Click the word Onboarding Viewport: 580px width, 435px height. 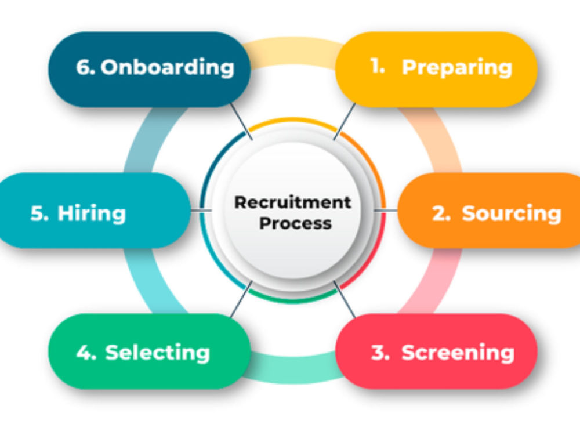pyautogui.click(x=168, y=67)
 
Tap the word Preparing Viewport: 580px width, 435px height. pyautogui.click(x=457, y=68)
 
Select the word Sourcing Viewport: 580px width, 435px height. pyautogui.click(x=512, y=214)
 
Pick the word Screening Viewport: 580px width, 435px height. pyautogui.click(x=458, y=353)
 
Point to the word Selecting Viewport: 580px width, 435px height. pyautogui.click(x=158, y=353)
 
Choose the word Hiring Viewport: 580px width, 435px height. pyautogui.click(x=92, y=214)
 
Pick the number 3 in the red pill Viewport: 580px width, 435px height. pyautogui.click(x=380, y=352)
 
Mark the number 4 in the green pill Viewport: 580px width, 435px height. pyautogui.click(x=86, y=352)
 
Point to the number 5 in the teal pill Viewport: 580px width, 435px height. pyautogui.click(x=39, y=213)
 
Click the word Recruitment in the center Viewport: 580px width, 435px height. pyautogui.click(x=292, y=202)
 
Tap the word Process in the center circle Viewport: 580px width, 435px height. pyautogui.click(x=295, y=223)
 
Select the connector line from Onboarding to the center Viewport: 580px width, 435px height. pyautogui.click(x=241, y=121)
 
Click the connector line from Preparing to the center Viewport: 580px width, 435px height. pyautogui.click(x=345, y=121)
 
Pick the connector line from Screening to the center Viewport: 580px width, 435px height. pyautogui.click(x=345, y=299)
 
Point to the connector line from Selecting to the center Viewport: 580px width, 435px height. pyautogui.click(x=241, y=299)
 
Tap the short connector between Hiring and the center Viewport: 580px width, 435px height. pyautogui.click(x=201, y=211)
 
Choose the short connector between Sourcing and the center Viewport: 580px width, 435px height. pyautogui.click(x=386, y=211)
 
